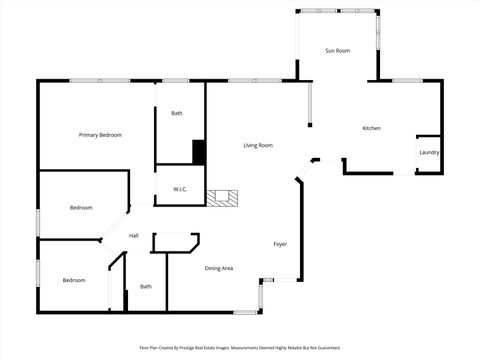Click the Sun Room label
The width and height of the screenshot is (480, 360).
337,51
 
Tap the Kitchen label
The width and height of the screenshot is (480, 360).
371,128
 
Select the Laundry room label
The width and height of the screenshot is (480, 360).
429,153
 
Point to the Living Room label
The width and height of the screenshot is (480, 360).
258,146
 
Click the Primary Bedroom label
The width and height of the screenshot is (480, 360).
100,134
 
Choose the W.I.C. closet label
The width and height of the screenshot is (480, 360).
180,189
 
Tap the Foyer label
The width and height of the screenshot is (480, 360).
281,244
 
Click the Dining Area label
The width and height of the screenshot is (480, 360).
219,268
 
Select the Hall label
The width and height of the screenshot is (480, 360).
133,236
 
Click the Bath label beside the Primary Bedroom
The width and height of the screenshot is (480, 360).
177,113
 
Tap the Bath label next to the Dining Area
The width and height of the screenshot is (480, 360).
146,287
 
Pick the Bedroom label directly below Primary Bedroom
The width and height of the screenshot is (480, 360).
81,208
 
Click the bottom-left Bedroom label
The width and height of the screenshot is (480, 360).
74,281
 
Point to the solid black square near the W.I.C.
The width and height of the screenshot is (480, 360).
198,152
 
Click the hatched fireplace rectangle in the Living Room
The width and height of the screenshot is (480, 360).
223,198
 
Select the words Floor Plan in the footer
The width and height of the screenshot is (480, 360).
148,348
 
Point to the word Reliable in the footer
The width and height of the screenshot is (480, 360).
302,348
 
